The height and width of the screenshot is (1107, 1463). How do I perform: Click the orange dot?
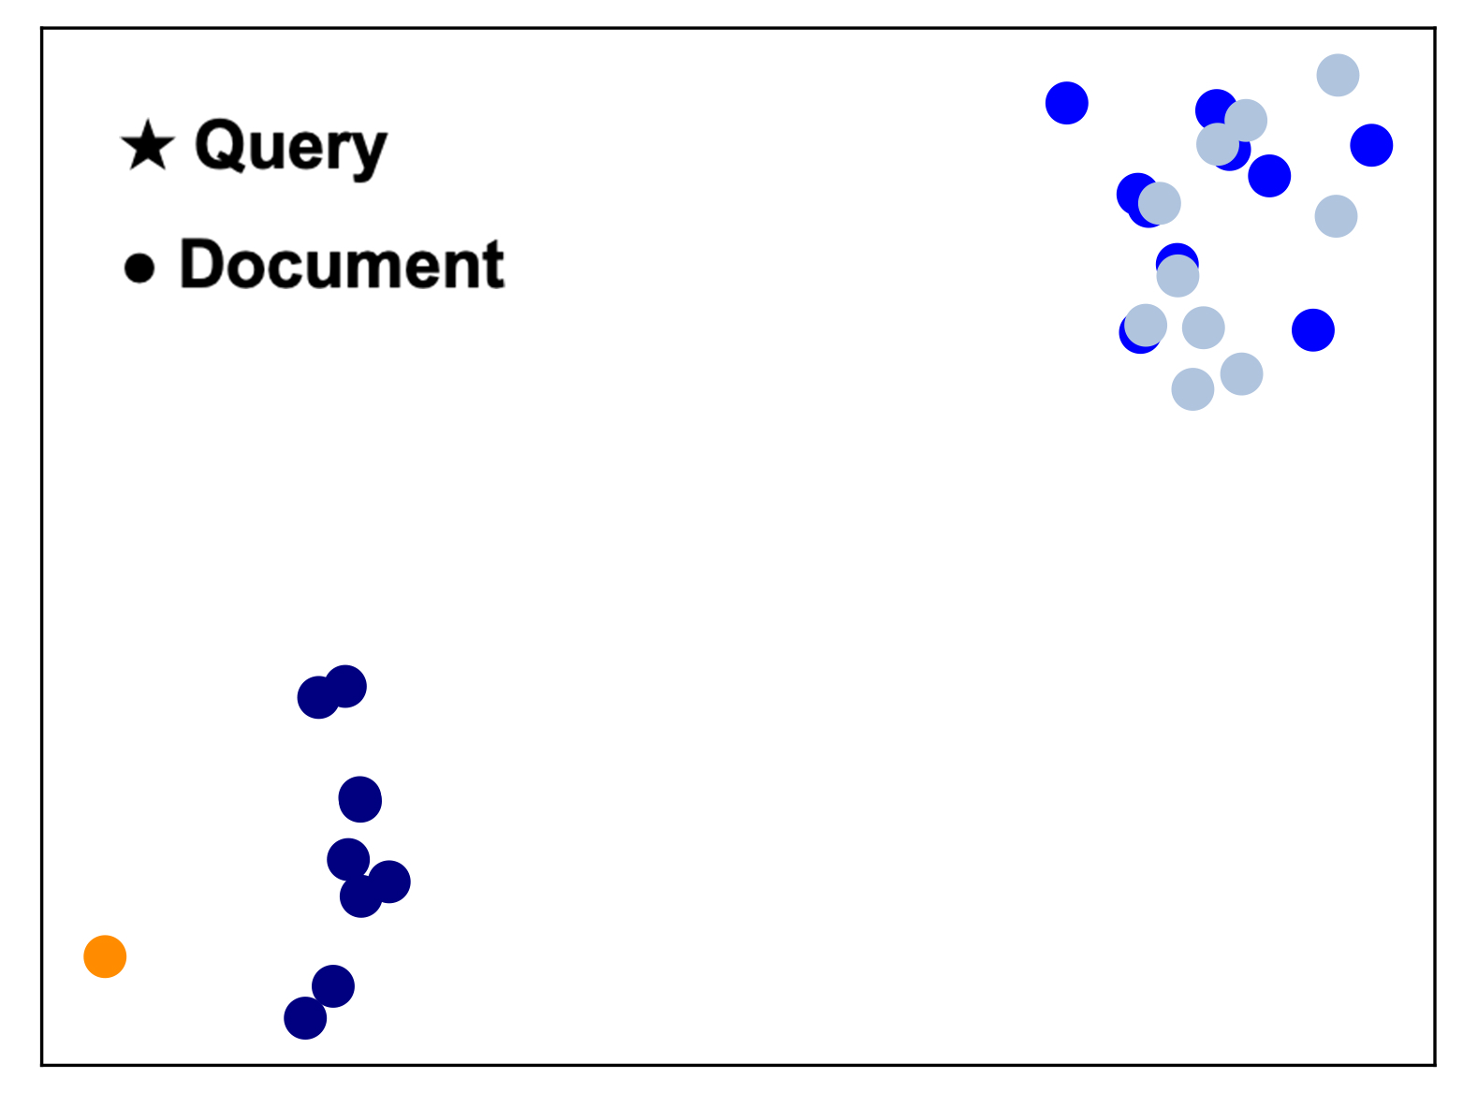pyautogui.click(x=105, y=956)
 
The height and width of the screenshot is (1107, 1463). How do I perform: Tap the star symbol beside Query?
pyautogui.click(x=148, y=146)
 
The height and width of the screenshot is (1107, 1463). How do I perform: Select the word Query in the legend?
pyautogui.click(x=290, y=147)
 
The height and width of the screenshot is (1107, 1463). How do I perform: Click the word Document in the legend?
pyautogui.click(x=342, y=265)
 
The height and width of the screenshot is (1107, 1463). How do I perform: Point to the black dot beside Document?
pyautogui.click(x=139, y=268)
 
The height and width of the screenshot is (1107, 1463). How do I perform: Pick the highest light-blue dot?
pyautogui.click(x=1338, y=75)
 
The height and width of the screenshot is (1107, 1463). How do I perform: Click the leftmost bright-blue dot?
pyautogui.click(x=1066, y=103)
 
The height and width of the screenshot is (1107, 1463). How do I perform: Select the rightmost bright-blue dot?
pyautogui.click(x=1371, y=145)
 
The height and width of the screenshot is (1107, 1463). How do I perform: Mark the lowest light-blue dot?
pyautogui.click(x=1192, y=388)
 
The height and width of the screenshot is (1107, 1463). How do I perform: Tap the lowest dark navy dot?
pyautogui.click(x=305, y=1017)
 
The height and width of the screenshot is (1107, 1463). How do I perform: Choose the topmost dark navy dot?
pyautogui.click(x=345, y=686)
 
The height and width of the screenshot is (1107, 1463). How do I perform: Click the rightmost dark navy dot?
pyautogui.click(x=389, y=881)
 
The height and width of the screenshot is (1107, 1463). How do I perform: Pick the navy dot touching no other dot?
pyautogui.click(x=359, y=799)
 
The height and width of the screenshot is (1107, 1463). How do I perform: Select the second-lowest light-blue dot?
pyautogui.click(x=1241, y=374)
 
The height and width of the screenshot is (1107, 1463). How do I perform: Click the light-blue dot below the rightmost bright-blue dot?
pyautogui.click(x=1336, y=216)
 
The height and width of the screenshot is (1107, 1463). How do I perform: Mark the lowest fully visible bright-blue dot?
pyautogui.click(x=1312, y=329)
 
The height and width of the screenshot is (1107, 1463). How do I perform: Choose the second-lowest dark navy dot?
pyautogui.click(x=332, y=986)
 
